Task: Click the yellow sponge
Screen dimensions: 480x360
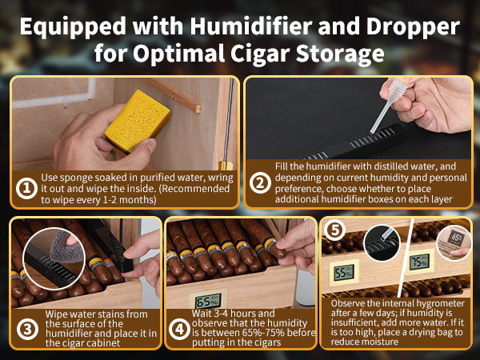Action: point(138,121)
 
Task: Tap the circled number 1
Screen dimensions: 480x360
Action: point(26,188)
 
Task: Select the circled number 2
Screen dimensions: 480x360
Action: point(260,183)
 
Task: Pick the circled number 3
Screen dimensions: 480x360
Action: point(27,329)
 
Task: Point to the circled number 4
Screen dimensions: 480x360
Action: point(180,329)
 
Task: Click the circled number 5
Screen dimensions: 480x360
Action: point(334,230)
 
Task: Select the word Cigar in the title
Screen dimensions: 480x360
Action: point(260,54)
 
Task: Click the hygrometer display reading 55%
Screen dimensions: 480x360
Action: point(344,273)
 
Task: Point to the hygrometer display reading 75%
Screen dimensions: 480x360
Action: point(419,262)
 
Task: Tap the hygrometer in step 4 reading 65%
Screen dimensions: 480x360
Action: point(208,302)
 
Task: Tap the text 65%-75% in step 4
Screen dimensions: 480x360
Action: point(271,333)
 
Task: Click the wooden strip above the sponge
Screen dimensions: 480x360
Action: point(172,95)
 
